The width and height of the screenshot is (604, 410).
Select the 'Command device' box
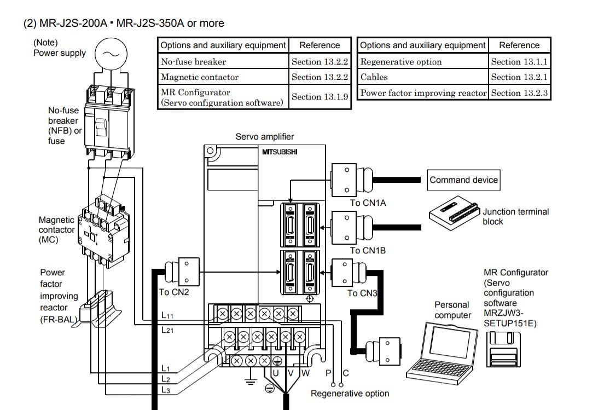(463, 180)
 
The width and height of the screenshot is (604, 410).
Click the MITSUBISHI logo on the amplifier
(280, 152)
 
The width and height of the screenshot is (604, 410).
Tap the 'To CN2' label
(174, 292)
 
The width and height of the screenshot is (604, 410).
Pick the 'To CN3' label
(362, 293)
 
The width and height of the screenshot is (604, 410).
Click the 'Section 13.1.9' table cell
(320, 97)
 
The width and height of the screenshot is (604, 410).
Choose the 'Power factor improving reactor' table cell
(423, 93)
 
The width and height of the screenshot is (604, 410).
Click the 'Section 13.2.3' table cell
(519, 93)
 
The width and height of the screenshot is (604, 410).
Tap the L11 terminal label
(167, 315)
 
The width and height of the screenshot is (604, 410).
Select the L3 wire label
(166, 390)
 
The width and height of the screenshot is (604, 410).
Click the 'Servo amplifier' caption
(264, 136)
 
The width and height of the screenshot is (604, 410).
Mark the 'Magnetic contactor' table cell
(223, 77)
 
